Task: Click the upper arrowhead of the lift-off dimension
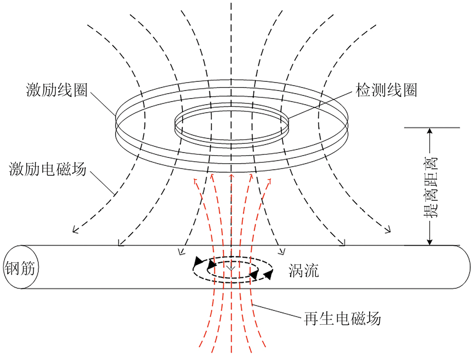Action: point(429,132)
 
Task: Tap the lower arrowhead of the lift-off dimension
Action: point(429,242)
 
